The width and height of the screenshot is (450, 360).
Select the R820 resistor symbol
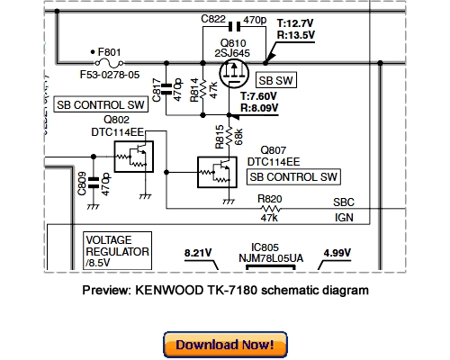pos(268,208)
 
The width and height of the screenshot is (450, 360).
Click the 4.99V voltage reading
pos(337,252)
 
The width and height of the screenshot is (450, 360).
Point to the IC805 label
pos(267,246)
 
